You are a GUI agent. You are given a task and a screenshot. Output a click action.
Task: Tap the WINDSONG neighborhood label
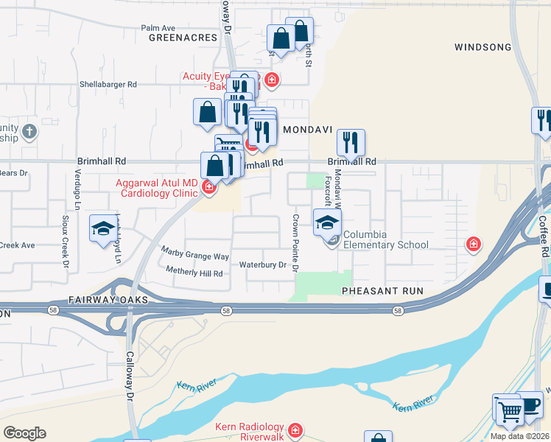(482, 47)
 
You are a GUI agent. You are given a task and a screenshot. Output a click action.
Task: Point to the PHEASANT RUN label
(382, 291)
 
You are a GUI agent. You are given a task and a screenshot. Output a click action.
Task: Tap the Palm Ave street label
(157, 28)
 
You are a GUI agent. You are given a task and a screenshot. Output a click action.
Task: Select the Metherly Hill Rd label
(194, 273)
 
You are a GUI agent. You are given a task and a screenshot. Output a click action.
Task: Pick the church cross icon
(29, 132)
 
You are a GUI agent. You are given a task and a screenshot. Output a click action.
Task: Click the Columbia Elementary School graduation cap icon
(328, 221)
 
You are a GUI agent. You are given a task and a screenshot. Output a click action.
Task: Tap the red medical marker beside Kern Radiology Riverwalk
(295, 429)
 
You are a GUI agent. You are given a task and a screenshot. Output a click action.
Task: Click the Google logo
(24, 433)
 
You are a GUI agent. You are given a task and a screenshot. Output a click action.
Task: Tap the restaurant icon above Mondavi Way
(351, 142)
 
